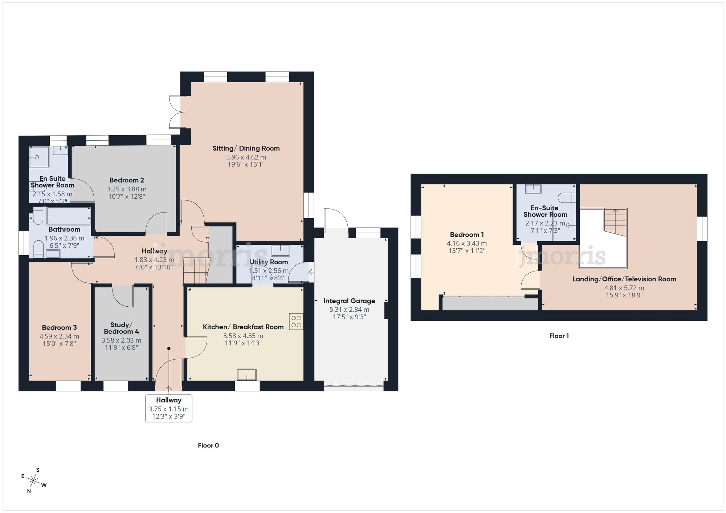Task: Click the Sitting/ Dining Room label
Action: coord(246,148)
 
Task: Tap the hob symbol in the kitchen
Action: coord(296,322)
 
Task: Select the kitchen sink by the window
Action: coord(247,374)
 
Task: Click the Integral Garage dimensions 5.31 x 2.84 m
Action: coord(349,310)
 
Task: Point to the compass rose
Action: coord(34,481)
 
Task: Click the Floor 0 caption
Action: coord(208,445)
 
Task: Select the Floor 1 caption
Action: coord(559,336)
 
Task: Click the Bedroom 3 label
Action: coord(59,327)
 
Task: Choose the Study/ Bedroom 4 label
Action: coord(121,328)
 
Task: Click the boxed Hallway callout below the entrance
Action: coord(168,409)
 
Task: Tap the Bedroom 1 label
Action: coord(466,235)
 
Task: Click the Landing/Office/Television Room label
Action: coord(624,279)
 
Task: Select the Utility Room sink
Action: coord(280,251)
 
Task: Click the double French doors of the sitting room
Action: coord(175,112)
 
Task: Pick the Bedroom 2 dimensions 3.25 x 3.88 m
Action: coord(126,189)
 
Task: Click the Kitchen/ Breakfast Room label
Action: coord(243,327)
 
